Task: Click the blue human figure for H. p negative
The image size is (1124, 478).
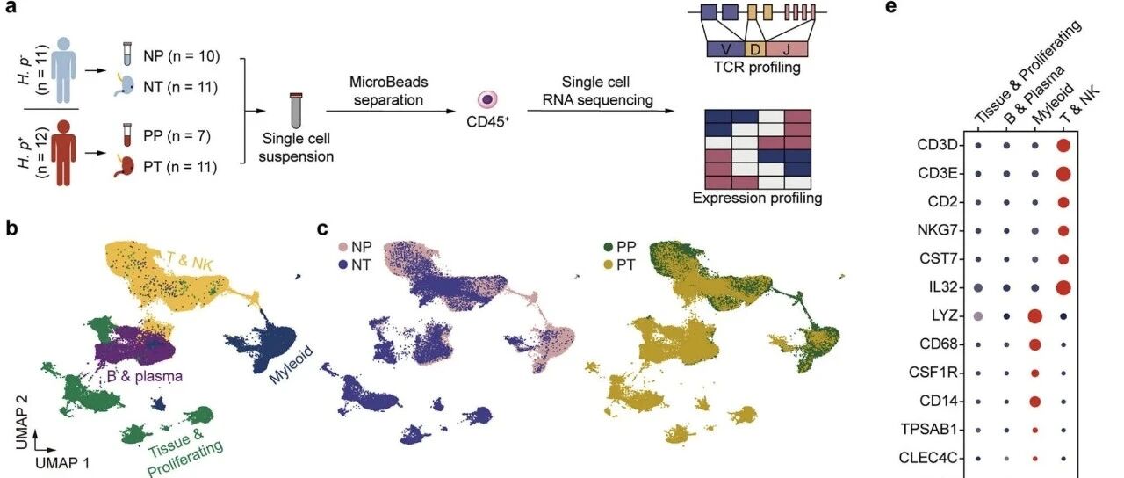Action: [63, 69]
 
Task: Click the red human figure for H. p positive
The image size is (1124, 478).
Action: [63, 153]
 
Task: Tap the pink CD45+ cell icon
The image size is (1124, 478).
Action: [486, 99]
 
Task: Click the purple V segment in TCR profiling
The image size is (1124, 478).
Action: [725, 49]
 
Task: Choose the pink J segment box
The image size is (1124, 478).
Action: [786, 49]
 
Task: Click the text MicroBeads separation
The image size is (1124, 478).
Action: [388, 91]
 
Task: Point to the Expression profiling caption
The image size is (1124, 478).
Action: [757, 198]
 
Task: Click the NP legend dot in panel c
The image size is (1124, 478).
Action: [343, 247]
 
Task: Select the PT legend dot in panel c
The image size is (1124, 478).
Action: [609, 264]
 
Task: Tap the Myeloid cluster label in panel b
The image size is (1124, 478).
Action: [291, 365]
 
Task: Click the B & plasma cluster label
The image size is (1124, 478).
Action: [145, 376]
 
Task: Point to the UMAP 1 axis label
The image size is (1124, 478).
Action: [62, 462]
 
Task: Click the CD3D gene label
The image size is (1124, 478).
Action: [937, 145]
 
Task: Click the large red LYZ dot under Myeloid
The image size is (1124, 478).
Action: [1034, 316]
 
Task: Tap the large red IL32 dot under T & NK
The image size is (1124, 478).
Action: [1063, 287]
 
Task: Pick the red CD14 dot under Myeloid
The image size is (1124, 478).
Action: [1034, 402]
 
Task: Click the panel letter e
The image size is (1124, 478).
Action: [891, 7]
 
